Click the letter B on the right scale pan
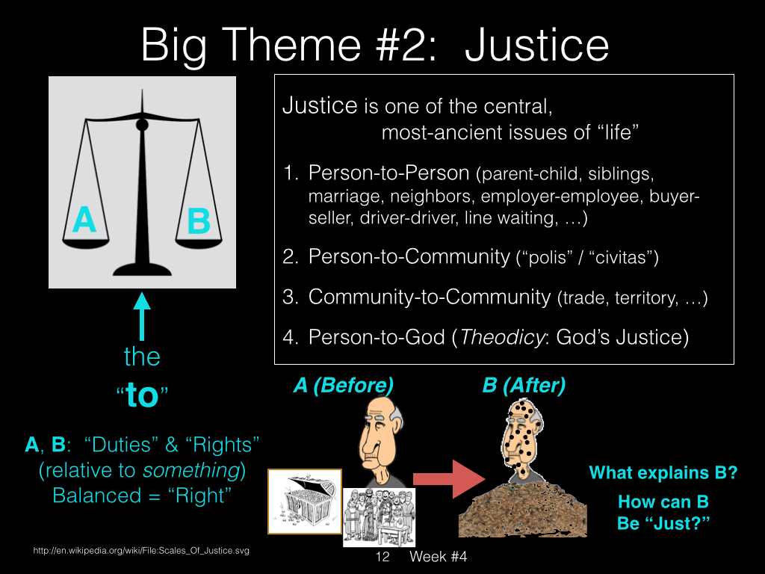199,220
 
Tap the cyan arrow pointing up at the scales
142,316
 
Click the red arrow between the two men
449,479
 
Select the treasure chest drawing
305,502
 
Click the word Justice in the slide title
536,45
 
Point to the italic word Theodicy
501,337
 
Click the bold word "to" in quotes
142,395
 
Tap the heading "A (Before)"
343,385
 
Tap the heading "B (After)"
524,385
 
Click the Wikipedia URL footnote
141,551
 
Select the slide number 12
382,556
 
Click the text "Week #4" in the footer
438,556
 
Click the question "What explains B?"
663,472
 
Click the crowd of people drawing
379,517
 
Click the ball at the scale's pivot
142,125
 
